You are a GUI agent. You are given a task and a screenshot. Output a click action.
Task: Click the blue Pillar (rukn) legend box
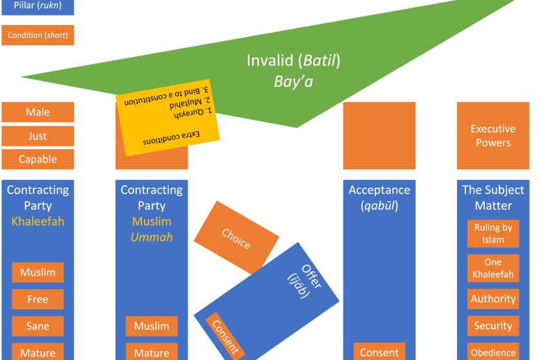pyautogui.click(x=37, y=6)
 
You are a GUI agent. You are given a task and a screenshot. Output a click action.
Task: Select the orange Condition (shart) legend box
pyautogui.click(x=37, y=35)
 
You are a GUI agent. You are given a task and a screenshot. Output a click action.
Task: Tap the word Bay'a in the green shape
pyautogui.click(x=294, y=82)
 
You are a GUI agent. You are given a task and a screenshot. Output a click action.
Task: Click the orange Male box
pyautogui.click(x=37, y=112)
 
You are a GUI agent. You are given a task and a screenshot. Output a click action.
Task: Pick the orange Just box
pyautogui.click(x=37, y=136)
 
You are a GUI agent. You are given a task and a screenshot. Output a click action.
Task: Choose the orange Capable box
pyautogui.click(x=37, y=159)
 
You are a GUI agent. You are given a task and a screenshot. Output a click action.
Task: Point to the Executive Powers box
pyautogui.click(x=493, y=136)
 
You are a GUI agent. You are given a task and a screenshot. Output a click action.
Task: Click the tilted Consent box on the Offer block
pyautogui.click(x=225, y=336)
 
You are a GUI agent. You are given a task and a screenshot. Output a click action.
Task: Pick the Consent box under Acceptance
pyautogui.click(x=379, y=352)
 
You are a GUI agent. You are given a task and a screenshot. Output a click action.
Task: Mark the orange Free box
pyautogui.click(x=37, y=299)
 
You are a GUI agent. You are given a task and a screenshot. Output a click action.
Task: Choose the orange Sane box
pyautogui.click(x=37, y=326)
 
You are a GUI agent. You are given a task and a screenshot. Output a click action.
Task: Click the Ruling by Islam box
pyautogui.click(x=493, y=233)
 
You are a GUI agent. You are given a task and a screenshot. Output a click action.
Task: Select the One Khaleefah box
pyautogui.click(x=493, y=267)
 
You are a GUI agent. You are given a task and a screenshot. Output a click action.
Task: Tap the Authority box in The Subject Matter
pyautogui.click(x=493, y=299)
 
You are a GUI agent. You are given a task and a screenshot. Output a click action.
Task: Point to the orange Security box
pyautogui.click(x=493, y=326)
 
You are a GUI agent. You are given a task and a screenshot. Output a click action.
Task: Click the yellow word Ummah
pyautogui.click(x=151, y=237)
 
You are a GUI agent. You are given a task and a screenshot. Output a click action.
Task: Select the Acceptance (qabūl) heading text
pyautogui.click(x=379, y=198)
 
